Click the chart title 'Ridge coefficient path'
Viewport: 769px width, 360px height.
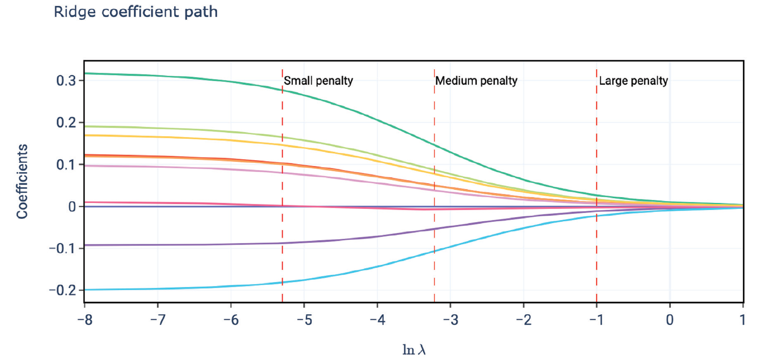tap(136, 12)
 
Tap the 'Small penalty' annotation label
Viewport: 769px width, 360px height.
tap(318, 81)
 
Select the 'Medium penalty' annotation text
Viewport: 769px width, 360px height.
tap(476, 81)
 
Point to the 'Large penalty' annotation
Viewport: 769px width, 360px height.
tap(633, 81)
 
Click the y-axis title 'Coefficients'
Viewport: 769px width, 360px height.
tap(22, 181)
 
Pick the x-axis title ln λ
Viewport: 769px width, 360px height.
tap(414, 350)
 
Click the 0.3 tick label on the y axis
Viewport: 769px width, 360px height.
tap(66, 81)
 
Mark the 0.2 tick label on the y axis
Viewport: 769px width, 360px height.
tap(66, 123)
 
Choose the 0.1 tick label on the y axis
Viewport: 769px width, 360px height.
tap(66, 165)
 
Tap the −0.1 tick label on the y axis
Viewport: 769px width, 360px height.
tap(62, 248)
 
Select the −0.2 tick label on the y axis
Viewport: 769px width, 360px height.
tap(62, 290)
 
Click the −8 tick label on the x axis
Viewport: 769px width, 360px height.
tap(85, 320)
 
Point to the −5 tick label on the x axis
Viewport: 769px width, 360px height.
tap(304, 320)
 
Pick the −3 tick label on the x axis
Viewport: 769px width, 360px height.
tap(450, 320)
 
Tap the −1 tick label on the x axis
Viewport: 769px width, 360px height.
tap(596, 320)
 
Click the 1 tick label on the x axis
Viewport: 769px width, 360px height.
tap(742, 320)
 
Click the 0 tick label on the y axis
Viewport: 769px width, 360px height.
tap(72, 207)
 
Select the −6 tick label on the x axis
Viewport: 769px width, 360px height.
tap(231, 320)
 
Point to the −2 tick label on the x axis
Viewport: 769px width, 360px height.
tap(524, 320)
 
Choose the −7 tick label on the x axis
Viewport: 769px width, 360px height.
tap(158, 320)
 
